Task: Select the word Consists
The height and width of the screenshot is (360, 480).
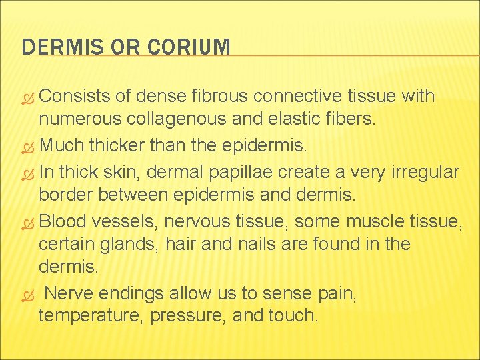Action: (75, 97)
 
